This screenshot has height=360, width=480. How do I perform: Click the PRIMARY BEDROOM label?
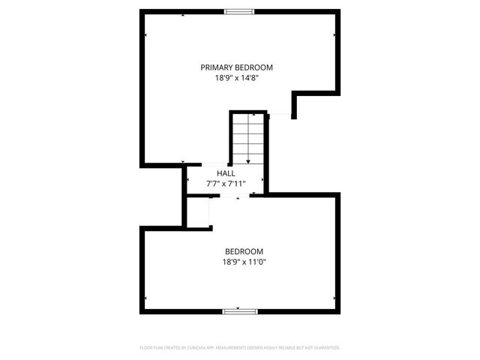coord(236,67)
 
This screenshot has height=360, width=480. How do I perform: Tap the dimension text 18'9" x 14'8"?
coord(236,77)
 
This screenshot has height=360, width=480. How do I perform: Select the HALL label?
coord(226,173)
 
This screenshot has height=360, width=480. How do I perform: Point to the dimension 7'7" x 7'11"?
coord(226,183)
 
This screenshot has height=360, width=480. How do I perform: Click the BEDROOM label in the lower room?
coord(244,251)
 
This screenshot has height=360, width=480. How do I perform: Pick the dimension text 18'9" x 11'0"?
coord(244,262)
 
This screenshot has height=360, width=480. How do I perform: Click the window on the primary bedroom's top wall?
coord(239,11)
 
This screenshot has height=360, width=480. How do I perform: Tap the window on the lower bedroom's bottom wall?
coord(239,310)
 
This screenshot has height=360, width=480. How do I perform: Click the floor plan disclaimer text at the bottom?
coord(240,348)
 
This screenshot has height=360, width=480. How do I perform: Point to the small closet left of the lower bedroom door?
coord(198,211)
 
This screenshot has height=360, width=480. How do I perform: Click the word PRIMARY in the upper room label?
coord(217,67)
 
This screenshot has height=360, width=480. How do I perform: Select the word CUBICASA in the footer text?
coord(211,348)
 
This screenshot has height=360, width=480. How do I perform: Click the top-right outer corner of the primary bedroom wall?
coord(338,11)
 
